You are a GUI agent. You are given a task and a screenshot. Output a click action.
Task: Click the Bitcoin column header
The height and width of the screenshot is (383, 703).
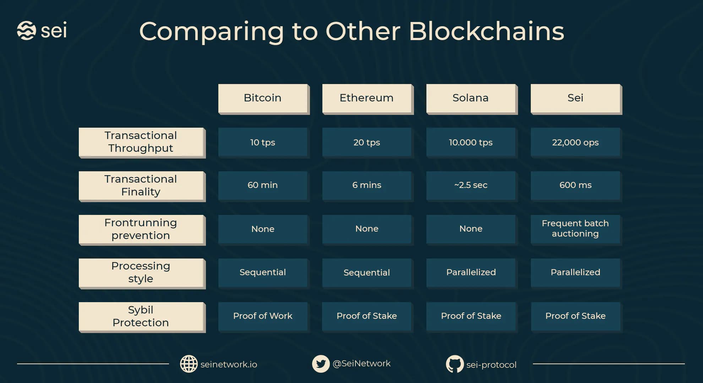tap(264, 99)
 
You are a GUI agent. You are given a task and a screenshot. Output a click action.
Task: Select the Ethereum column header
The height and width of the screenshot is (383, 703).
tap(368, 99)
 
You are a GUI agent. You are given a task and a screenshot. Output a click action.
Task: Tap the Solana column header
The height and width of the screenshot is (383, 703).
tap(472, 99)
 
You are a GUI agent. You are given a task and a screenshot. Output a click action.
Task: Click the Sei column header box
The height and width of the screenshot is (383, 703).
tap(576, 99)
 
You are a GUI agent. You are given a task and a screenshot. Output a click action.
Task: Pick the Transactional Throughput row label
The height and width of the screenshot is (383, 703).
tap(142, 143)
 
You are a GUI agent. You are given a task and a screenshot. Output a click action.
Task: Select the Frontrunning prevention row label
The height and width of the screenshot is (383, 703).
tap(142, 230)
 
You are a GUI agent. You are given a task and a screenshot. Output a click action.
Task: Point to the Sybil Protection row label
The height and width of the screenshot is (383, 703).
tap(142, 317)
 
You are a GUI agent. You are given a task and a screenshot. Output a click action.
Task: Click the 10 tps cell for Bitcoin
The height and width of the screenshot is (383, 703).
tap(264, 143)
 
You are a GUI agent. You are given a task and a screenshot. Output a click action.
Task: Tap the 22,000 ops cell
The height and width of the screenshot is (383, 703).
tap(576, 143)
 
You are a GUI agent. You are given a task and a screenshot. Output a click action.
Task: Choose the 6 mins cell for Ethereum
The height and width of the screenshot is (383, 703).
tap(368, 186)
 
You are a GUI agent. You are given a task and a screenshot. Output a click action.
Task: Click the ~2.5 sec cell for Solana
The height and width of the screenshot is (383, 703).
tap(472, 186)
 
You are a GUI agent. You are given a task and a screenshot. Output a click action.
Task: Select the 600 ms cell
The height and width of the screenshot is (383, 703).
tap(576, 186)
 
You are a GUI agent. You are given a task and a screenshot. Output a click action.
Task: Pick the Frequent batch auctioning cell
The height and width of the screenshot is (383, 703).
tap(576, 230)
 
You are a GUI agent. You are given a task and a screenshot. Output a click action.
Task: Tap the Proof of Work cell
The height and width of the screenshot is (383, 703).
tap(264, 317)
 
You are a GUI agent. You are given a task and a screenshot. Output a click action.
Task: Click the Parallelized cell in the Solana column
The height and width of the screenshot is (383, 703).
tap(472, 273)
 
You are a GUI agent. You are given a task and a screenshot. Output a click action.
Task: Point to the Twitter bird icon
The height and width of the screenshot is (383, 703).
tap(321, 364)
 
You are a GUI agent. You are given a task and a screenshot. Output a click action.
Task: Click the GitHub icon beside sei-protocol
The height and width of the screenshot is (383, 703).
tap(455, 364)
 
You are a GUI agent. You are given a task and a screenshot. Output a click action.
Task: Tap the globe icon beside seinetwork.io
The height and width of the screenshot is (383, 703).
tap(189, 364)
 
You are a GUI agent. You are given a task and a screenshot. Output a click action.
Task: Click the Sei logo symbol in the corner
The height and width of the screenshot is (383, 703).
tap(27, 30)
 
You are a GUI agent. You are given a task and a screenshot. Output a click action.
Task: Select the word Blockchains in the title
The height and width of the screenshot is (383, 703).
tap(486, 31)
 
